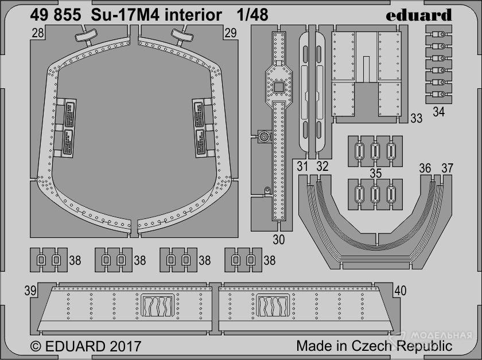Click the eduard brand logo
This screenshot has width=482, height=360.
[419, 15]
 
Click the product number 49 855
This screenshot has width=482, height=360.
[55, 15]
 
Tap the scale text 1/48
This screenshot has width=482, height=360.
[252, 15]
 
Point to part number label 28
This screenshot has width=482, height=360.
[37, 33]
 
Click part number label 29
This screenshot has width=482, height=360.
[231, 33]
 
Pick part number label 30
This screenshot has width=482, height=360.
[278, 240]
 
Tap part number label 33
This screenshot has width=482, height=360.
[417, 118]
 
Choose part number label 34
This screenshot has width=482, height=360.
[438, 112]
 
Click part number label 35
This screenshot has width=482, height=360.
[376, 173]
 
